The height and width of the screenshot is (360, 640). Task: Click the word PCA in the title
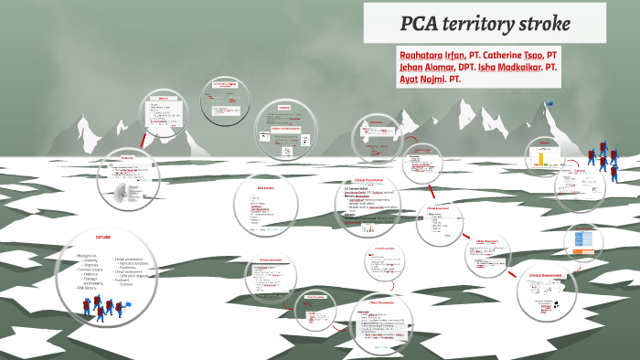point(421,22)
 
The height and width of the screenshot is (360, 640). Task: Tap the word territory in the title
point(485,22)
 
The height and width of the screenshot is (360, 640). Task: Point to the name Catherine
point(525,54)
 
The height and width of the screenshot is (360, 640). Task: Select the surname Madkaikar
point(559,67)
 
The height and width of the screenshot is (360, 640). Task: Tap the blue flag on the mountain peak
point(549,103)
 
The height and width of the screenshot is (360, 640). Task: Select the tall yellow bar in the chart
point(539,158)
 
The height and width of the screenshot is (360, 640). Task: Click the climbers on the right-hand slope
point(603,161)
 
